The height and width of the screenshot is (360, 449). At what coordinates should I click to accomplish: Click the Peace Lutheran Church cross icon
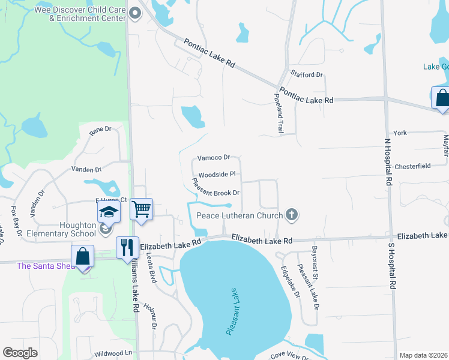pyautogui.click(x=292, y=215)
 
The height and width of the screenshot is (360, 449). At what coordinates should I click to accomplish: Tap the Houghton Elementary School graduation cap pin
pyautogui.click(x=108, y=212)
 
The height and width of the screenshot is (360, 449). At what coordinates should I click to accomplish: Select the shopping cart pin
pyautogui.click(x=141, y=210)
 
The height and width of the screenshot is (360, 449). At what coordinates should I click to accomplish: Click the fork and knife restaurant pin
pyautogui.click(x=127, y=248)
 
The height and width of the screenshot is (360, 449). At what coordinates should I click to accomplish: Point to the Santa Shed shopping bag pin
pyautogui.click(x=82, y=257)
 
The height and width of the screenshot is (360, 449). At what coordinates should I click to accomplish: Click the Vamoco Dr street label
pyautogui.click(x=214, y=157)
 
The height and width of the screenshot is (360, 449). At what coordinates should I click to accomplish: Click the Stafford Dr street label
pyautogui.click(x=307, y=74)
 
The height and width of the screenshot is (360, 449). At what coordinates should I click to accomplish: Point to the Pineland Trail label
pyautogui.click(x=279, y=113)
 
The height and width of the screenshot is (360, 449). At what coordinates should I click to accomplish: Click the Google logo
pyautogui.click(x=20, y=353)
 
